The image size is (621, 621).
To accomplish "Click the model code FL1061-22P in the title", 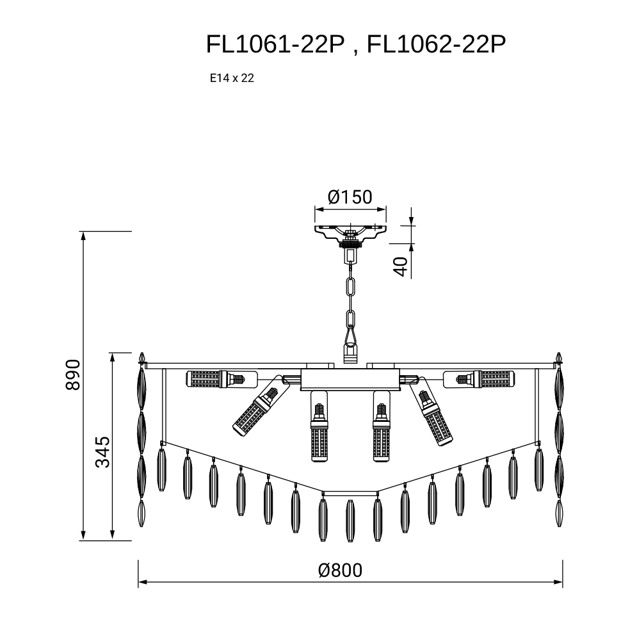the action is tap(275, 44).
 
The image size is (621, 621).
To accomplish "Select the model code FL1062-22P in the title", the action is tap(436, 44).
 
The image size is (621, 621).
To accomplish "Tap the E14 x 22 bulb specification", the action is tap(232, 78).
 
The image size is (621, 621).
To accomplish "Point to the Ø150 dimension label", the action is tap(350, 197).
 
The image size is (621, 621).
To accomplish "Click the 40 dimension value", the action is tap(401, 266).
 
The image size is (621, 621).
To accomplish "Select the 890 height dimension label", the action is tap(72, 375).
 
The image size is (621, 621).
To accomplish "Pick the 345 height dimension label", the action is tap(102, 452).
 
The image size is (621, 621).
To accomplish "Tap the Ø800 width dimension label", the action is tap(340, 570).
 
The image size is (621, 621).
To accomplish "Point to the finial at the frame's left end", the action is tap(141, 359).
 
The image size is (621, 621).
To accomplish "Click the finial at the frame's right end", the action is tap(559, 359).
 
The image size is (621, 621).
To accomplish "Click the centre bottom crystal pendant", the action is tap(350, 520).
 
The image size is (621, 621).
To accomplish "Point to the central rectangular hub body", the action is tap(350, 380).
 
